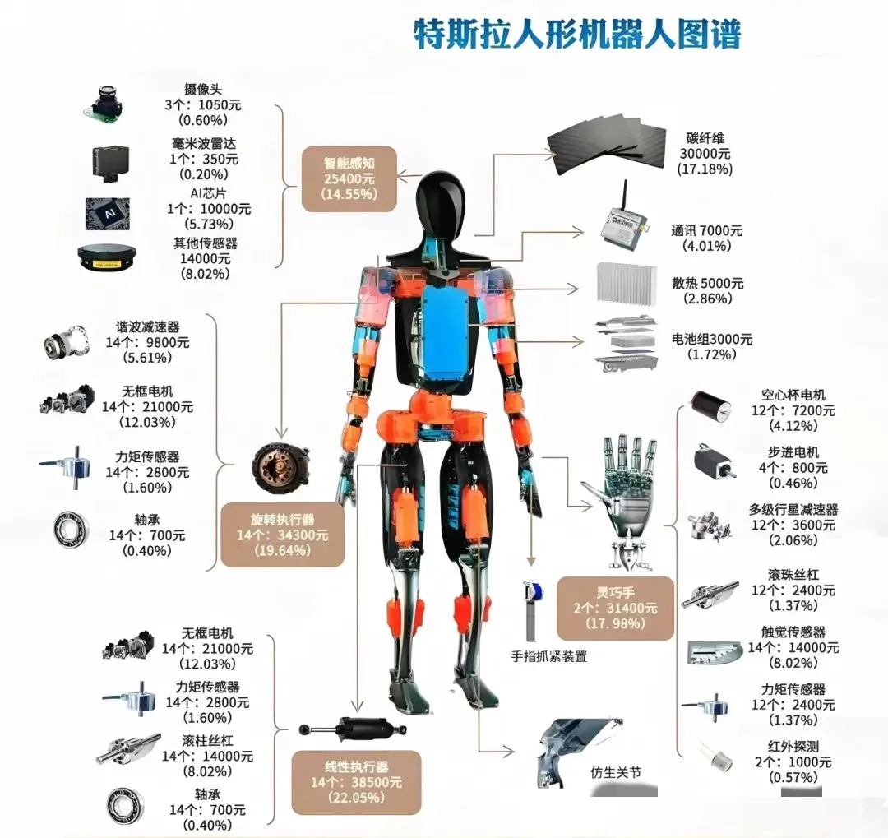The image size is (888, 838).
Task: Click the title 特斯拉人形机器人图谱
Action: coord(576,34)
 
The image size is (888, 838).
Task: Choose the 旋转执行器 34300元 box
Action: coord(282,535)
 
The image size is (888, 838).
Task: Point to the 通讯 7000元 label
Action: coord(707,230)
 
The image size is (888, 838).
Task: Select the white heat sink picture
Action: coord(626,283)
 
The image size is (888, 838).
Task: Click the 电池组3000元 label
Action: coord(712,339)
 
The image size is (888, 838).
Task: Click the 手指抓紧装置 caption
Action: coord(549,656)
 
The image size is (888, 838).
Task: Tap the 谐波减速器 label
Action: coord(147,326)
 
